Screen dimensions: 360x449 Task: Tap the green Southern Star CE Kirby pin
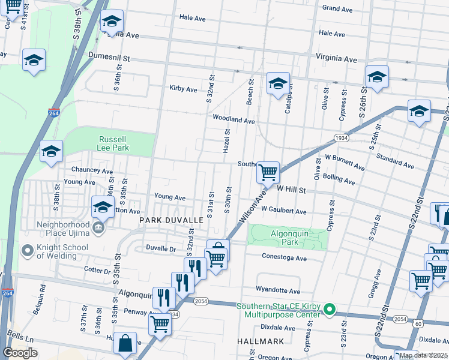tap(328, 310)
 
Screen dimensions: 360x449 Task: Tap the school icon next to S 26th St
tap(377, 77)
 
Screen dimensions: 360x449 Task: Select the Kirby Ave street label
tap(183, 89)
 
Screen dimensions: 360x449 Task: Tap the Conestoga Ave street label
tap(284, 258)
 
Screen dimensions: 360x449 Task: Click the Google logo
tap(20, 353)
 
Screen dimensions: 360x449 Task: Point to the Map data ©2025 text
tap(423, 355)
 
